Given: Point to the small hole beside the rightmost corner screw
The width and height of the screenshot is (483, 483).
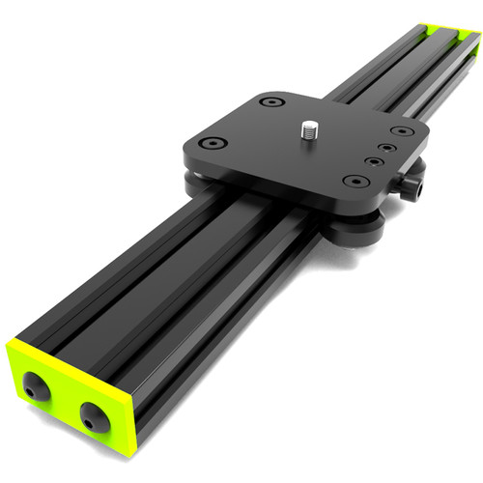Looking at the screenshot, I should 387,148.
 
